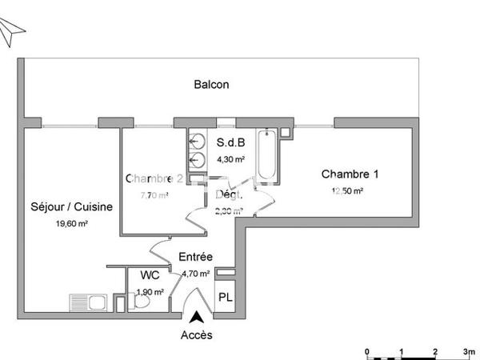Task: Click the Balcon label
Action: pos(212,84)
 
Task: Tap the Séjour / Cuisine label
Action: pos(71,207)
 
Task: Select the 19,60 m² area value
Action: pos(71,224)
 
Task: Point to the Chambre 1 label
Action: pos(350,174)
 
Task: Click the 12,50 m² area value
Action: pos(348,191)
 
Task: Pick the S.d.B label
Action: pos(230,143)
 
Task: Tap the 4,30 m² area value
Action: pos(230,158)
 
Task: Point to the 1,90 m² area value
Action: pos(150,292)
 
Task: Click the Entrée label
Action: pos(195,257)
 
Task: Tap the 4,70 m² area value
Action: pos(196,274)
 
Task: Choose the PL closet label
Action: pos(226,298)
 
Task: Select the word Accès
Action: pos(197,335)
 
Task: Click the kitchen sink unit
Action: pos(89,302)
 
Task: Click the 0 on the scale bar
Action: pos(366,350)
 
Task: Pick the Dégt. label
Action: pos(229,195)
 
